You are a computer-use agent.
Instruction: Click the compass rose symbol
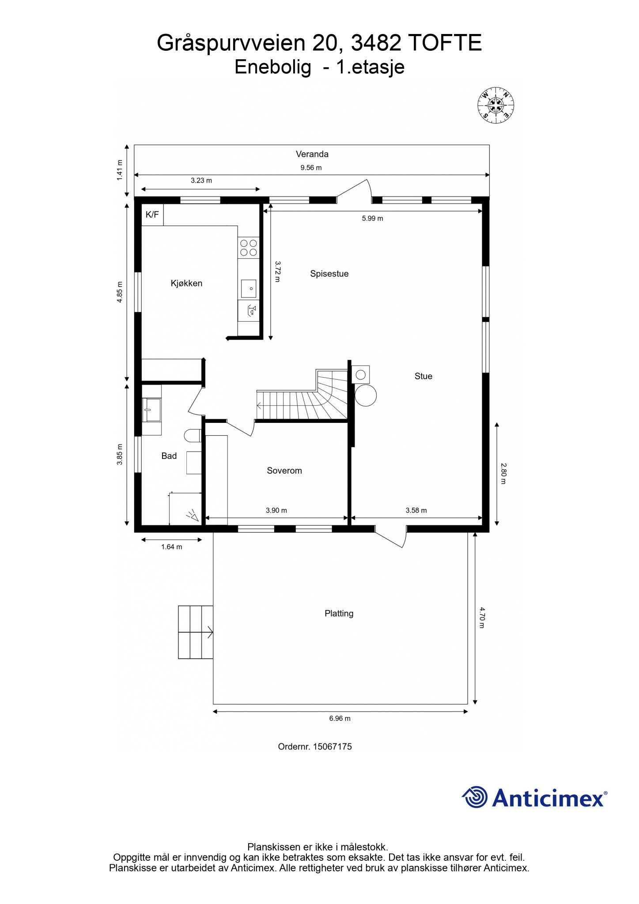495,105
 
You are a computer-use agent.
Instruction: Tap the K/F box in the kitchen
152,215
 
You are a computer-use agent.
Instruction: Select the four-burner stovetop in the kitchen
249,248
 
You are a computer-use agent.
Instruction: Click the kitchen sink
249,289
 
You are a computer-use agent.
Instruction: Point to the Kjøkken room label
186,283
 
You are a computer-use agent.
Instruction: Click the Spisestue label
329,274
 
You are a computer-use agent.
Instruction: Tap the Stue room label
423,376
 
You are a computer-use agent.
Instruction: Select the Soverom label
284,471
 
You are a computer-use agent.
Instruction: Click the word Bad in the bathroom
169,456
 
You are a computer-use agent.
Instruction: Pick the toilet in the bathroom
193,436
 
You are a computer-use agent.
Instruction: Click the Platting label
339,614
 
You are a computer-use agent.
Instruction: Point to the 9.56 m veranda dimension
311,168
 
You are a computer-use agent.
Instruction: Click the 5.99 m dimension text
372,218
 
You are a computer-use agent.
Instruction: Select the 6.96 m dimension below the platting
340,719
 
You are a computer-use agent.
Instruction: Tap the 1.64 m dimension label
171,547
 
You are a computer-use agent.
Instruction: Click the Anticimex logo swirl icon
475,797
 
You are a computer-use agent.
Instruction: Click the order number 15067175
333,747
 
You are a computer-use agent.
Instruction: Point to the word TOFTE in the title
445,43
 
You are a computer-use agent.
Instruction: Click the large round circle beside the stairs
366,395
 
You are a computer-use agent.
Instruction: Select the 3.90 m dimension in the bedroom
276,510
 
